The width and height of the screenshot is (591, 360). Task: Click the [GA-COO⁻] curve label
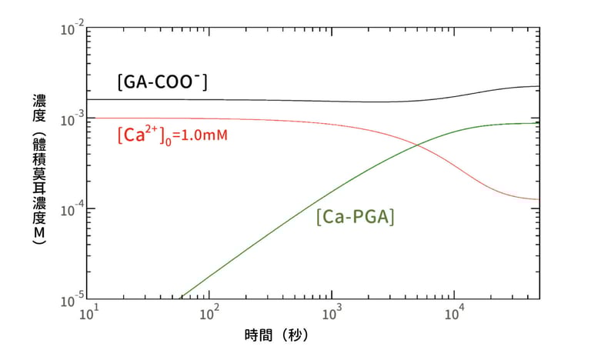tap(161, 82)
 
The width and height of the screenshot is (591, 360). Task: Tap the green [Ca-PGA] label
tap(355, 217)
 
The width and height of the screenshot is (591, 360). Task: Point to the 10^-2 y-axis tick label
tap(69, 31)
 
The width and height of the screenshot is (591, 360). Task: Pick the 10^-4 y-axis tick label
tap(69, 209)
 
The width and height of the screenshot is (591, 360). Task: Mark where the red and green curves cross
tap(418, 145)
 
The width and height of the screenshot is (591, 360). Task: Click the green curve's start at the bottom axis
tap(181, 298)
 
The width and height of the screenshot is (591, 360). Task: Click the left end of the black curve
tap(88, 99)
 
